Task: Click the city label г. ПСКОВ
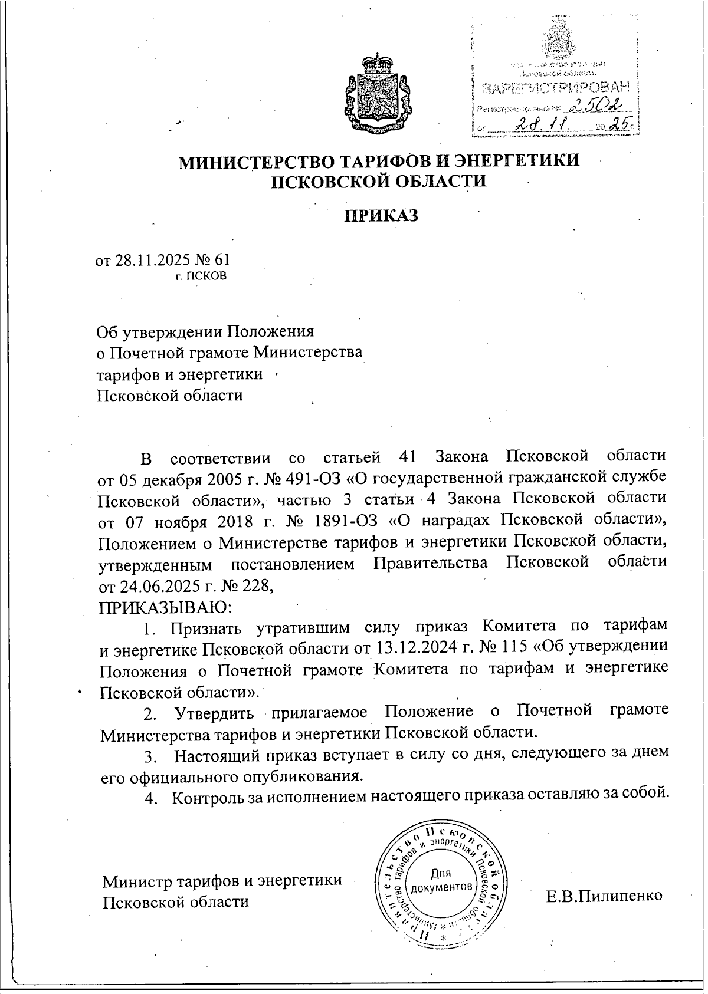point(201,275)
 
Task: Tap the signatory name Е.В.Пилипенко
point(604,896)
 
